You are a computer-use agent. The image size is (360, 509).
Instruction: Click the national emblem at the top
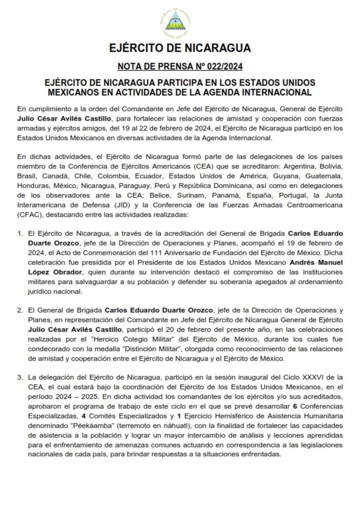180,21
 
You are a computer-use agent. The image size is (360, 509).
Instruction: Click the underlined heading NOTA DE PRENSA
155,67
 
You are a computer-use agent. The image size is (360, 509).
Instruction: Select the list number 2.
20,311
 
